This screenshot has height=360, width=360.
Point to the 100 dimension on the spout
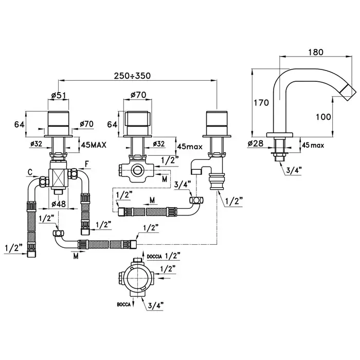(x=323, y=117)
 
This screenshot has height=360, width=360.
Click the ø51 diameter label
(x=58, y=95)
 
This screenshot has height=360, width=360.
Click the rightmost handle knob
(x=213, y=122)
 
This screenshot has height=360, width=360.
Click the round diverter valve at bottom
(x=137, y=281)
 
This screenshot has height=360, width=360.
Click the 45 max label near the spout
(x=313, y=146)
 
